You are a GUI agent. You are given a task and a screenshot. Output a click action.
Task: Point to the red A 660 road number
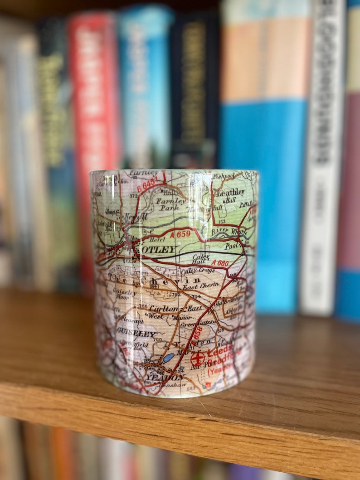click(220, 262)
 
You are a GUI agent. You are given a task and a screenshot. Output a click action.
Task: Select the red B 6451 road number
click(148, 184)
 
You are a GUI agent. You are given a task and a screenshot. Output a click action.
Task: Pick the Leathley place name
click(231, 193)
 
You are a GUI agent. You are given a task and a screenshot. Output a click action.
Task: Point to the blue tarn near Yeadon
click(168, 358)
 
